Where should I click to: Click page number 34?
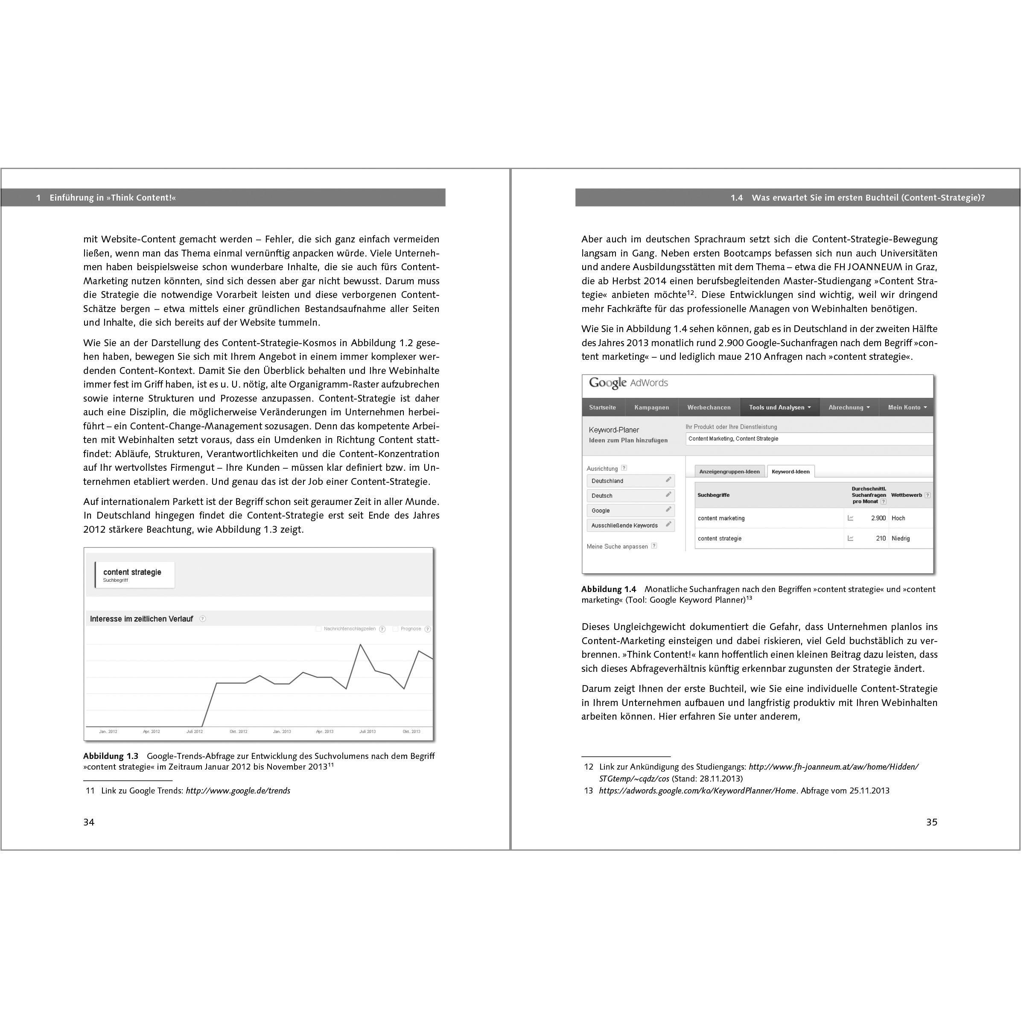click(x=89, y=822)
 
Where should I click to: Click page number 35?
click(x=932, y=822)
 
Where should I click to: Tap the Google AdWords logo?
click(x=628, y=383)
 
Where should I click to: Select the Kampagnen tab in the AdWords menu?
click(x=652, y=408)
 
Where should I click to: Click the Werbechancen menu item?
click(x=709, y=408)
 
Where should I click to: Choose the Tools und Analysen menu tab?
click(x=779, y=408)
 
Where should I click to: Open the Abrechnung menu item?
click(x=849, y=408)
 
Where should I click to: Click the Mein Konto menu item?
click(x=907, y=408)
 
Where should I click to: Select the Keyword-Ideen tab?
click(x=790, y=471)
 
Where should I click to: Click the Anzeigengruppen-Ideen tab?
click(x=729, y=471)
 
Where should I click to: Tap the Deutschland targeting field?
click(x=630, y=481)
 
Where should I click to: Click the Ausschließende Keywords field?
click(x=630, y=525)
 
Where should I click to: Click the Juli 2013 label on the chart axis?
click(x=367, y=732)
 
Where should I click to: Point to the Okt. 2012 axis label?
click(x=238, y=732)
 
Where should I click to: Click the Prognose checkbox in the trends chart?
click(x=395, y=629)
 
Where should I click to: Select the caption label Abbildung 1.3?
click(x=111, y=756)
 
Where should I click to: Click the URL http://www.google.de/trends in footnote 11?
click(x=238, y=791)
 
